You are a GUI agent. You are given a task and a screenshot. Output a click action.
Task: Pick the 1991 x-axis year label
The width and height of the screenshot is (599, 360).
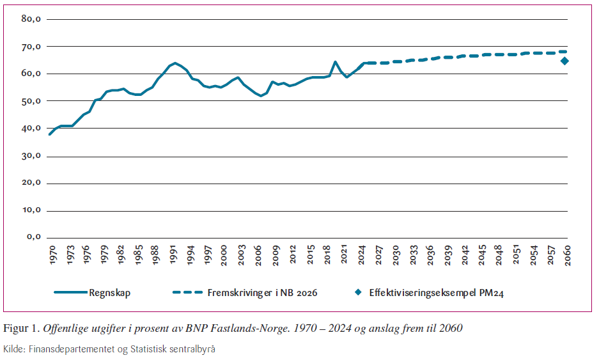173,253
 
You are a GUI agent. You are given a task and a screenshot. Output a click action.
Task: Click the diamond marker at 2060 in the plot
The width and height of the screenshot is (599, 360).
564,61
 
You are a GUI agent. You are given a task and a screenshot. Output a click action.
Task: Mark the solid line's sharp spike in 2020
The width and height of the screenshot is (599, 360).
335,62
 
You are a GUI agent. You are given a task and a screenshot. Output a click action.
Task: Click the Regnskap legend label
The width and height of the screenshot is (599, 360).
109,293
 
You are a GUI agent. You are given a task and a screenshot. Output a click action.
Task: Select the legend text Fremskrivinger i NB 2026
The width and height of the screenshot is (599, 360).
262,293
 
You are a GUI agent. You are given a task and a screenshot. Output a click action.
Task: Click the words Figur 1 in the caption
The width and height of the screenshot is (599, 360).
21,329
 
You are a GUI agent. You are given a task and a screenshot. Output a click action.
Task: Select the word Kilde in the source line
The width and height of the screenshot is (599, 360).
13,349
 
